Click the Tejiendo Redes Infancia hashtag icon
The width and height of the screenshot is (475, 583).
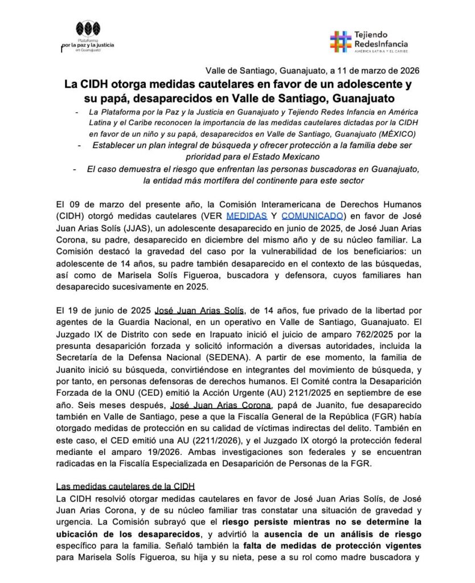coord(340,41)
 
